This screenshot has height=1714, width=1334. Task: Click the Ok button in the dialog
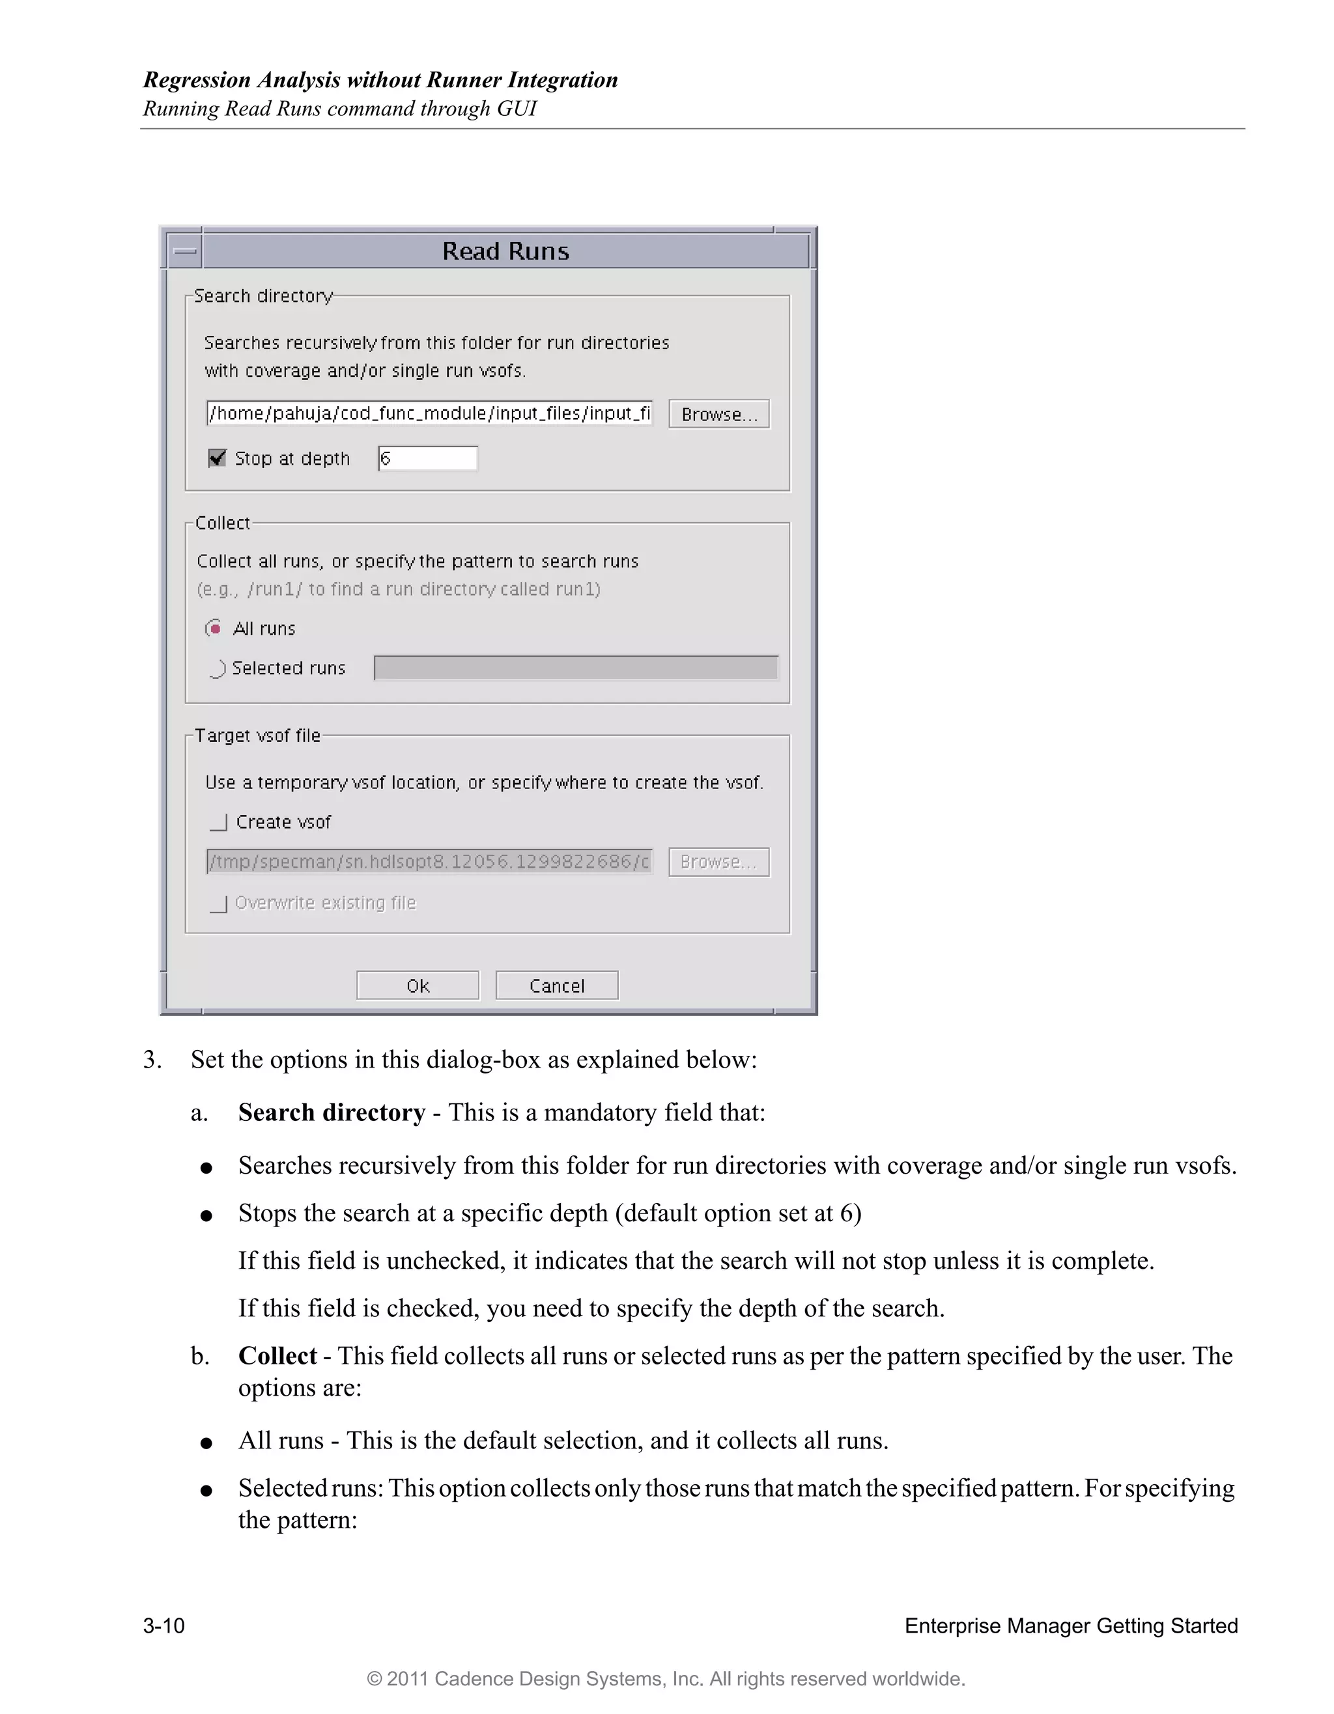417,986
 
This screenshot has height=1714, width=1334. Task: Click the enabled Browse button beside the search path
718,415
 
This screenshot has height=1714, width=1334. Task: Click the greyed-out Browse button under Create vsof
718,862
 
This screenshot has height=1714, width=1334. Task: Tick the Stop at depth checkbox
218,458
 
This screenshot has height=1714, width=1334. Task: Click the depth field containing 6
428,458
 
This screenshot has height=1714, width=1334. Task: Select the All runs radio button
214,629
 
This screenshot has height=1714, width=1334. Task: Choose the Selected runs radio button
218,669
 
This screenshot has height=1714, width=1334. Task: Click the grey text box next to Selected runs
576,668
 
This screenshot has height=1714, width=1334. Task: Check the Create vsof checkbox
219,822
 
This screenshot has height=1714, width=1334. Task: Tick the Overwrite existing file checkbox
219,904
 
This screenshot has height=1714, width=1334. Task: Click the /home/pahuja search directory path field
429,413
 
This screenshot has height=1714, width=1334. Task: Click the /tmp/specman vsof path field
429,862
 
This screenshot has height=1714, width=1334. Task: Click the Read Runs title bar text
505,251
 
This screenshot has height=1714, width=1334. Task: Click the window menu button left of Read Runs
185,251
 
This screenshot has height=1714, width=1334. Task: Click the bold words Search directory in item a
332,1113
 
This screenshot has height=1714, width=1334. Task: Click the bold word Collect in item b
277,1356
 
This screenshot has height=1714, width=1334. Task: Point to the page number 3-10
163,1625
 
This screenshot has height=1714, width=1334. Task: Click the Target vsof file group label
257,736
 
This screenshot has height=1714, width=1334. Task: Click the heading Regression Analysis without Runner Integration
380,80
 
